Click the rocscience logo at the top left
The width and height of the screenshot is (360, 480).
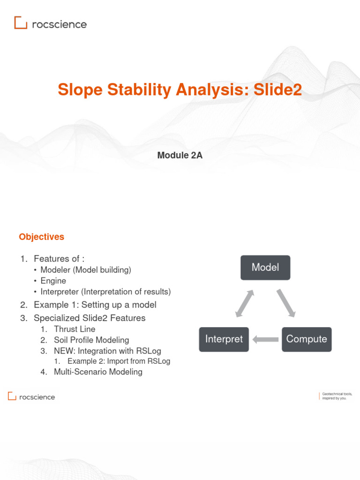point(50,23)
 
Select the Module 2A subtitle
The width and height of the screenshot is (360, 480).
point(180,156)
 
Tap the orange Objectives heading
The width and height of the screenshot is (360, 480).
point(41,237)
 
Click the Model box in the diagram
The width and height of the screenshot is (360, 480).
point(265,268)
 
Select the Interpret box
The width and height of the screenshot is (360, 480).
point(224,339)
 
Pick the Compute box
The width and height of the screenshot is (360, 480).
point(307,339)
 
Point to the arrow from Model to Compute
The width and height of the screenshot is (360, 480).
point(286,303)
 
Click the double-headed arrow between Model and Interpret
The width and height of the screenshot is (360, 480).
point(245,303)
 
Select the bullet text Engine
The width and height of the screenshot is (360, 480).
point(53,281)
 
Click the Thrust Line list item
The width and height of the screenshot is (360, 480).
point(74,329)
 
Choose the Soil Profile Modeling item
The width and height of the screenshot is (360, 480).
point(91,340)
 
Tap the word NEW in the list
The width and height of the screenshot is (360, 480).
point(63,351)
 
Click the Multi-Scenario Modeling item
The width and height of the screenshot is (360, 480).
point(98,372)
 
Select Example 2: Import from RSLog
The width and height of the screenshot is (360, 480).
point(119,361)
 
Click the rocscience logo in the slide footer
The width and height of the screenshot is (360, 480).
point(31,397)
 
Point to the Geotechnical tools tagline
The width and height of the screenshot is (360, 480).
point(337,397)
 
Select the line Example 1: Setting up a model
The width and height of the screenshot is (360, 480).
point(95,305)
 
